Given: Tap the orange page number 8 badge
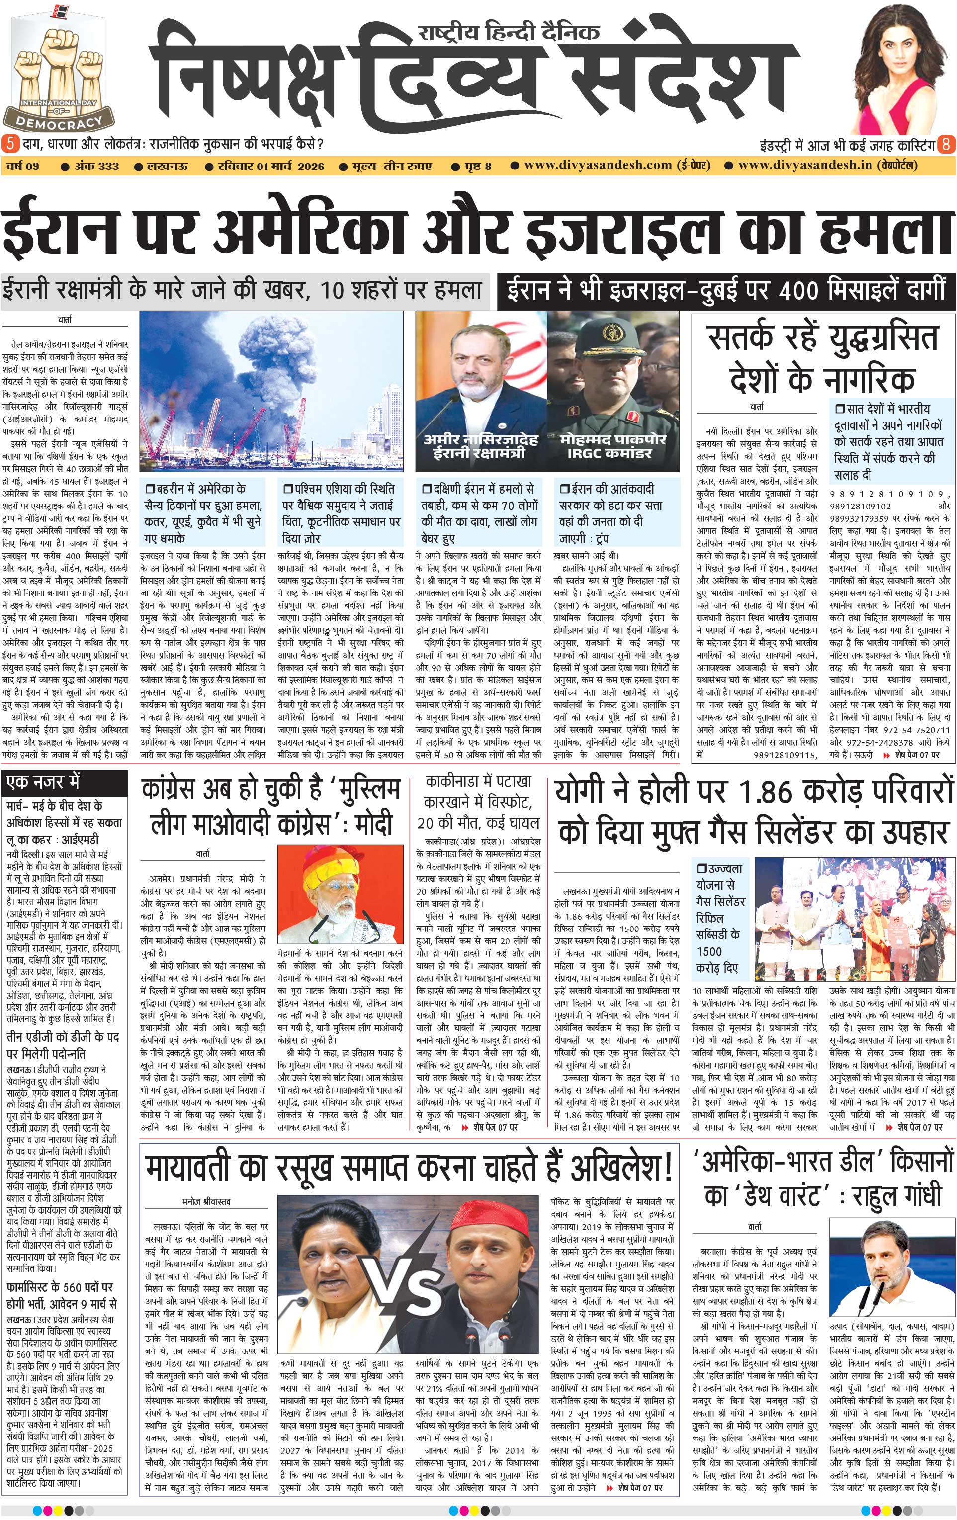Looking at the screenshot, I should (x=946, y=144).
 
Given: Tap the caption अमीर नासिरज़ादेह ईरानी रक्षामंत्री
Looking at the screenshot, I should (x=480, y=446).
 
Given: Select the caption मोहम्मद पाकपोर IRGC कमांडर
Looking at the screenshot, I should (x=612, y=446).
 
